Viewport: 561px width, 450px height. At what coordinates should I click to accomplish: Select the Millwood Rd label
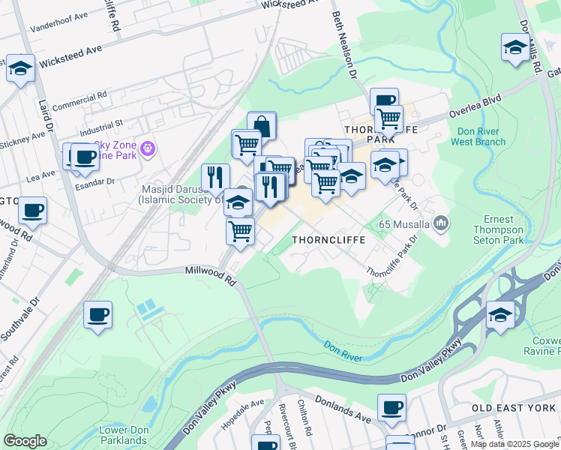[x=210, y=275]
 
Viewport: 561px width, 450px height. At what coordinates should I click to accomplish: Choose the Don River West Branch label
[x=481, y=136]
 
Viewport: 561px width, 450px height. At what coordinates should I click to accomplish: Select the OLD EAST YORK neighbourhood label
[x=514, y=407]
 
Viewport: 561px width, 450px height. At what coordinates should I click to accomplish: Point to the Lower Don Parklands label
[x=123, y=435]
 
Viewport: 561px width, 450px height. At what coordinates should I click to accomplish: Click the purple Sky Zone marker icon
[x=147, y=149]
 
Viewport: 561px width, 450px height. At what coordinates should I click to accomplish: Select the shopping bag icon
[x=262, y=124]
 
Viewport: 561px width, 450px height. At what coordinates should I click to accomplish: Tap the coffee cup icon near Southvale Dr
[x=97, y=313]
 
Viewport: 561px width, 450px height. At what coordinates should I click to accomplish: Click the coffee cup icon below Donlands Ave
[x=391, y=407]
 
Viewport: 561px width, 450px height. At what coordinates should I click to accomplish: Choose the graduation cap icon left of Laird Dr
[x=20, y=67]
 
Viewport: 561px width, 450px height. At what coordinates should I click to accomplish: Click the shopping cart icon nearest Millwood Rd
[x=240, y=230]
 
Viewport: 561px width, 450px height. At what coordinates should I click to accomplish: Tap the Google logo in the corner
[x=25, y=441]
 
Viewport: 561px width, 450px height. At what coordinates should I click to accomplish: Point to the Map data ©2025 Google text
[x=514, y=444]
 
